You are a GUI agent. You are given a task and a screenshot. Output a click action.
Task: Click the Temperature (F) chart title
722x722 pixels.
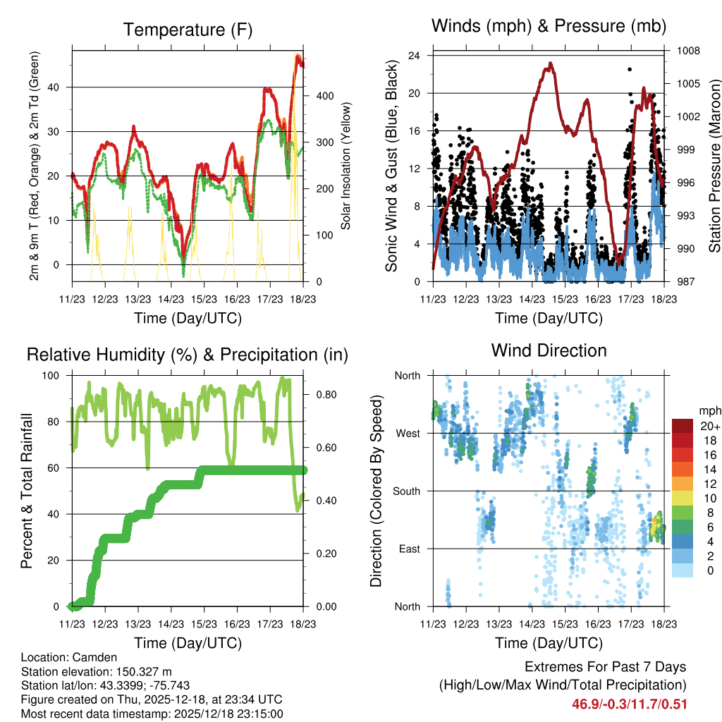(188, 30)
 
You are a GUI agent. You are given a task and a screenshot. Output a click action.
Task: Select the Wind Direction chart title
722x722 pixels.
(549, 350)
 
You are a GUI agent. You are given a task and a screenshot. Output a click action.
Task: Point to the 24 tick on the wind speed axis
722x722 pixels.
(415, 55)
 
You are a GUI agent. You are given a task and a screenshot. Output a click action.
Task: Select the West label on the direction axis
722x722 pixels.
(407, 433)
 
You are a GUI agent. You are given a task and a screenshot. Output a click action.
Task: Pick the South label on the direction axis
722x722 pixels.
(405, 491)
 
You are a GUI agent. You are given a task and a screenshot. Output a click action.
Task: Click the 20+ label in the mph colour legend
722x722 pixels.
(709, 426)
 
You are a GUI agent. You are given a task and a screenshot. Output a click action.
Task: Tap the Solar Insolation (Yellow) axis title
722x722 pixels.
(346, 166)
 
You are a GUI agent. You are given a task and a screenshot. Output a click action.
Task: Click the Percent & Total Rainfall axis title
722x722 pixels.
(26, 491)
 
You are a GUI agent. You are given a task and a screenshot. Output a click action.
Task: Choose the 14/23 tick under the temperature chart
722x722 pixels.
(171, 299)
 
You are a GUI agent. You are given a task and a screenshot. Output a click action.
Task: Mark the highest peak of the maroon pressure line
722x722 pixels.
(550, 63)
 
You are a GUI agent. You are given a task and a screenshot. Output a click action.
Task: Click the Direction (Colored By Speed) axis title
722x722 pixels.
(377, 491)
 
